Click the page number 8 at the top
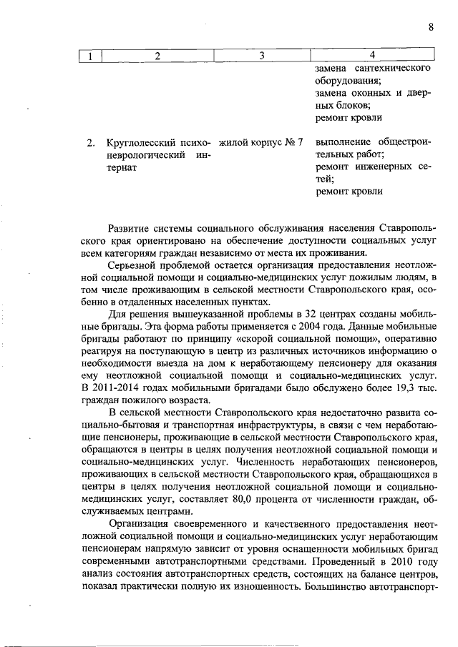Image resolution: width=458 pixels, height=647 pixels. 431,27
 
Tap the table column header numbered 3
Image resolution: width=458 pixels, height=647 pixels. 261,56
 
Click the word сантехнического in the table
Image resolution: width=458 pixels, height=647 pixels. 393,69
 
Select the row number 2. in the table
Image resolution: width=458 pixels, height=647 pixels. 91,143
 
